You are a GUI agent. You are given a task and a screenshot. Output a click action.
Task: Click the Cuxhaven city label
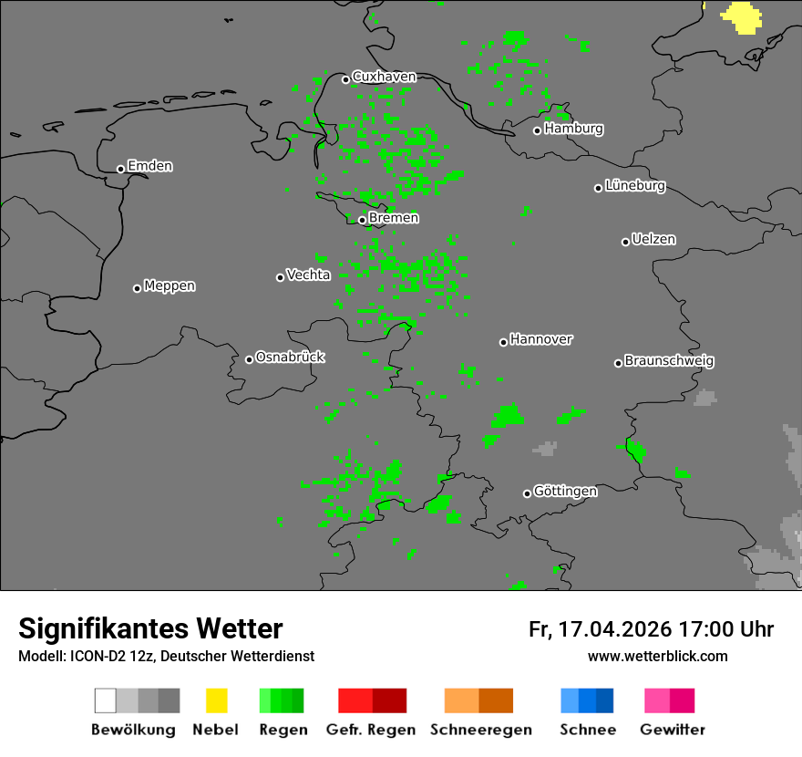384,77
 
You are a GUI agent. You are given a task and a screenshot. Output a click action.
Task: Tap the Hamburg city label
573,129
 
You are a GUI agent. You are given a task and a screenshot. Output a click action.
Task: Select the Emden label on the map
149,166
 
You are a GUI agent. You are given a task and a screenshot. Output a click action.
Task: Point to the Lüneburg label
635,186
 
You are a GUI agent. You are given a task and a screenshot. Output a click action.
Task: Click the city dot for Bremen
362,220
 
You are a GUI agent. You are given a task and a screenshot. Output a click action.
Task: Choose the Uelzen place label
653,240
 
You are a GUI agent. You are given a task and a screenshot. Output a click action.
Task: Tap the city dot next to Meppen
137,288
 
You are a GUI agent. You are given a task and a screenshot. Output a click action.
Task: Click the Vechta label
308,275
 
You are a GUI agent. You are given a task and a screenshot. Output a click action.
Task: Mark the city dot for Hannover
503,342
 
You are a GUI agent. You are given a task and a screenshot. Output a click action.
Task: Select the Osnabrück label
290,358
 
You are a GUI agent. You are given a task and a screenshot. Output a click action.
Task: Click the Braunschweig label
669,361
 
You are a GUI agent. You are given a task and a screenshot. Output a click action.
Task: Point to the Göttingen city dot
527,493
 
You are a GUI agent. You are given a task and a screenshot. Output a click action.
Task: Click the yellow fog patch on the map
743,16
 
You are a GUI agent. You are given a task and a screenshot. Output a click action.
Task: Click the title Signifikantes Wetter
150,629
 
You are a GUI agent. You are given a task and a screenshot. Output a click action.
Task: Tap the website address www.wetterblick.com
657,656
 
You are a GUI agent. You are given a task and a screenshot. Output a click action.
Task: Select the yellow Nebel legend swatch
216,700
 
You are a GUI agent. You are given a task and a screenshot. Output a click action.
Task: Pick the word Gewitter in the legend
673,730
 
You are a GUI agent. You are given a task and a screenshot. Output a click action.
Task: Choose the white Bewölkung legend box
106,700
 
